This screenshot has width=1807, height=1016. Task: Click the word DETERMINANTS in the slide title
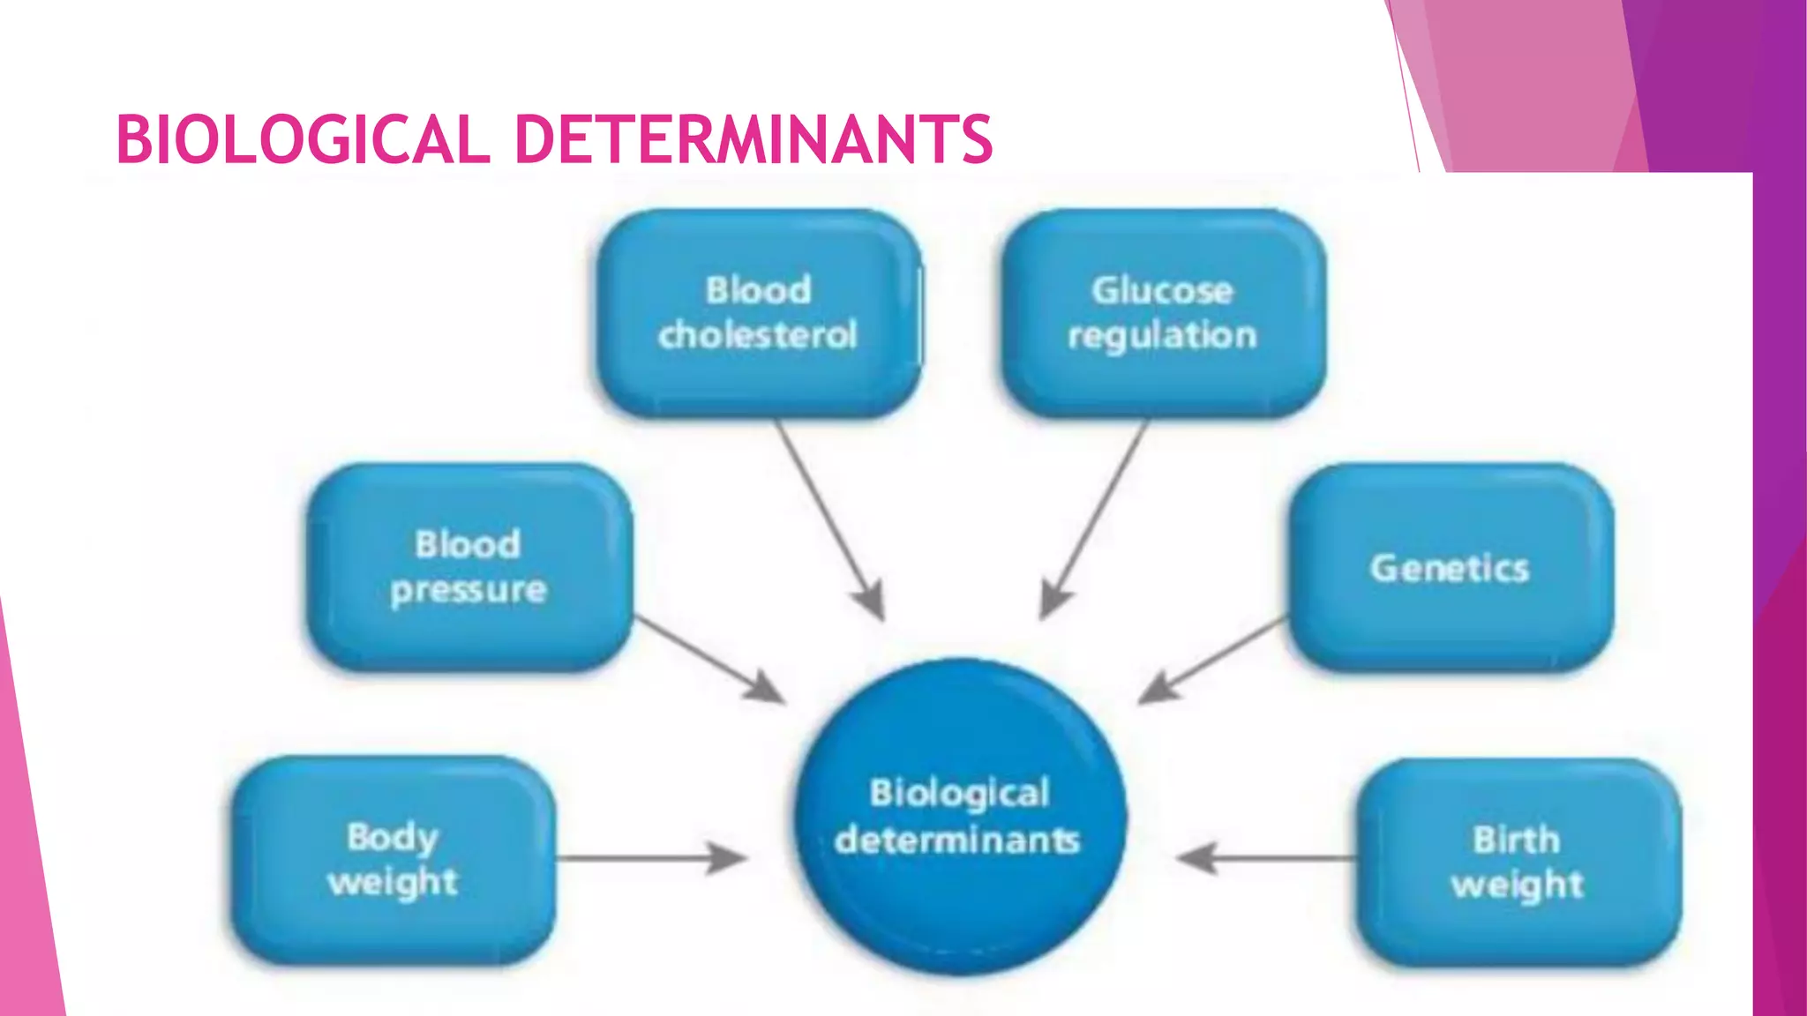[x=754, y=139]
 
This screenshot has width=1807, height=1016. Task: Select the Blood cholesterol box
[x=759, y=313]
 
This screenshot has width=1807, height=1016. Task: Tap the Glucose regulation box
[x=1162, y=313]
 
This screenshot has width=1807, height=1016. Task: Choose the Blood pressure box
[x=469, y=567]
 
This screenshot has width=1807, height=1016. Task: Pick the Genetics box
[x=1450, y=567]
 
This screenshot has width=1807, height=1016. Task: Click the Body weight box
[x=394, y=860]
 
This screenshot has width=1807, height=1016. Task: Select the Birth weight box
[x=1518, y=862]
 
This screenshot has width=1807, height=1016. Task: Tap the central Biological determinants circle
[x=960, y=816]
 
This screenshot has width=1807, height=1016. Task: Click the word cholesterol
[x=758, y=335]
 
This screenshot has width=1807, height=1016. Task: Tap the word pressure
[x=469, y=590]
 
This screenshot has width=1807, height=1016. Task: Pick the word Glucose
[x=1162, y=290]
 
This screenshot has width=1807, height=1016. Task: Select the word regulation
[x=1162, y=336]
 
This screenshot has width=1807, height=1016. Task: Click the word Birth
[x=1517, y=839]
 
